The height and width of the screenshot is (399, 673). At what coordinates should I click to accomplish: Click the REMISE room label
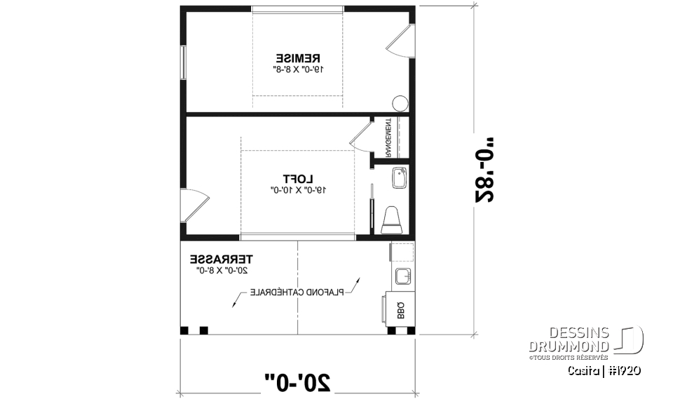pos(298,58)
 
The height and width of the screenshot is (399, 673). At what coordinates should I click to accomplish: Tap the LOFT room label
pos(298,178)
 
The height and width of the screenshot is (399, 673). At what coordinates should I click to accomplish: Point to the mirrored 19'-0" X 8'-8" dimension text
pos(298,69)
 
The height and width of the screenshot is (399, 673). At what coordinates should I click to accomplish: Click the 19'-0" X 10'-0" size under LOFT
pos(298,190)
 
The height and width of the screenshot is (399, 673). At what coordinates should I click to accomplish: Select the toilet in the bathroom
pos(391,219)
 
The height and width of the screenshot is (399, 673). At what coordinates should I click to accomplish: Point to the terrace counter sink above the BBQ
pos(403,276)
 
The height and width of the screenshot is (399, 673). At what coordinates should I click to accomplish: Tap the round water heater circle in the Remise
pos(400,104)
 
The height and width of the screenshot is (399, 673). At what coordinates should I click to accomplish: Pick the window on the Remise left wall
pos(184,64)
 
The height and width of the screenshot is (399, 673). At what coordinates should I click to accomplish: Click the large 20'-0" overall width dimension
pos(297,381)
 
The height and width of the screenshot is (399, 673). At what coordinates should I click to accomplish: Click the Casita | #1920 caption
pos(604,370)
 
